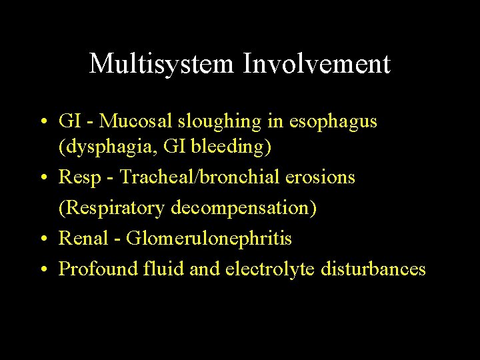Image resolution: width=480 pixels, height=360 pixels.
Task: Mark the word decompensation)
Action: point(244,208)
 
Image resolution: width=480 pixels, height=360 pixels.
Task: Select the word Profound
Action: point(97,269)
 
